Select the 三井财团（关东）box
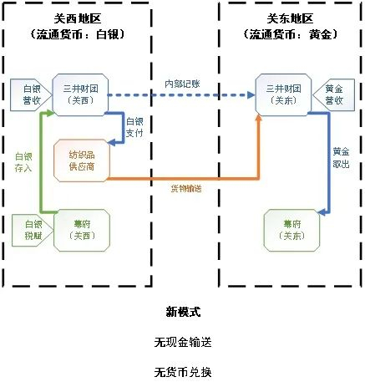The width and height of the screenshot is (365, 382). pyautogui.click(x=282, y=93)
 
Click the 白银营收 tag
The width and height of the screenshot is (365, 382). pyautogui.click(x=31, y=93)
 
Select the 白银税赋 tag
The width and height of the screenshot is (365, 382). pyautogui.click(x=31, y=229)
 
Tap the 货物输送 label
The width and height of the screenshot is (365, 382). pyautogui.click(x=185, y=188)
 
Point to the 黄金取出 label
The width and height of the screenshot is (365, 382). pyautogui.click(x=341, y=157)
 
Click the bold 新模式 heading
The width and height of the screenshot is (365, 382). pyautogui.click(x=183, y=311)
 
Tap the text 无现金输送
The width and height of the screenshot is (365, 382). pyautogui.click(x=183, y=342)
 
